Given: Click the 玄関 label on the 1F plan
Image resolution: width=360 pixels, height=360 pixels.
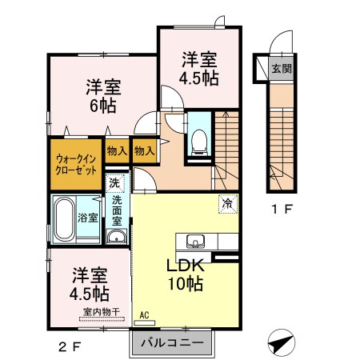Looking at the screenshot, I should pos(280,69).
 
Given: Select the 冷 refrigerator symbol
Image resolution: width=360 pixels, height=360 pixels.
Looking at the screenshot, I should pos(227,204).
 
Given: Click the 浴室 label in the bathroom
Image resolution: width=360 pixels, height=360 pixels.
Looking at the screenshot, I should pos(88,218).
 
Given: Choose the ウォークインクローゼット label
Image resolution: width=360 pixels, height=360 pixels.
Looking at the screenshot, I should pos(77,166).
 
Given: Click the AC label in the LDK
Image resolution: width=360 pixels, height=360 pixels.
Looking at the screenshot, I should pos(144,315).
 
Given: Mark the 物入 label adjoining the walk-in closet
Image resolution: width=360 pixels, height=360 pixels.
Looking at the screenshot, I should pos(116,150).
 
